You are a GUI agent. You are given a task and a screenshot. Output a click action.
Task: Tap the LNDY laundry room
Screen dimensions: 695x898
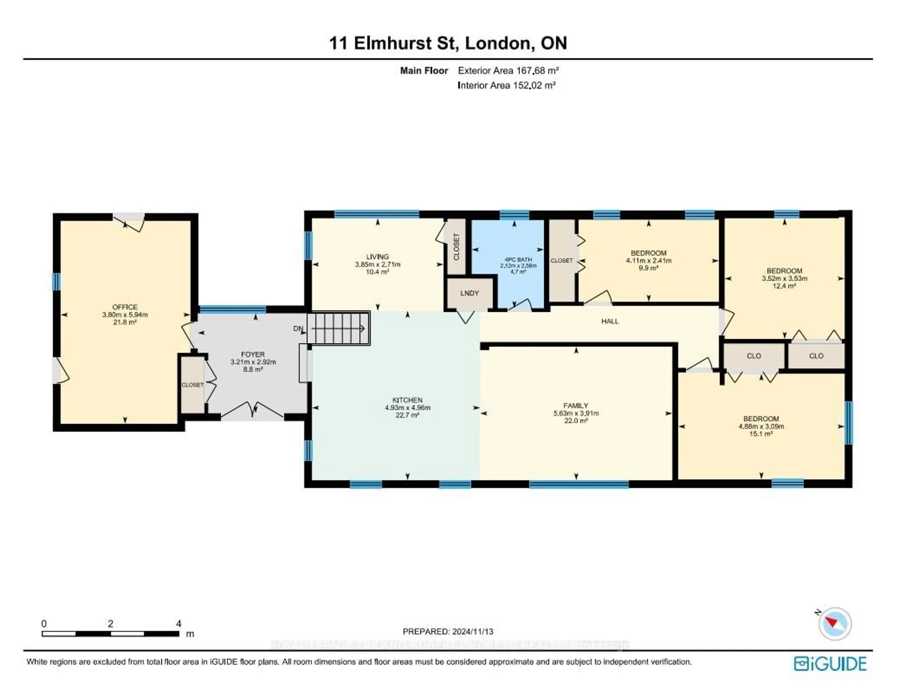point(470,293)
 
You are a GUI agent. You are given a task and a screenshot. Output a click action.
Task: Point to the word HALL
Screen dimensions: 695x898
point(610,321)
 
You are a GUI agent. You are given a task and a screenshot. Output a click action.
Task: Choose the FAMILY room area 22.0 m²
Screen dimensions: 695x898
point(576,421)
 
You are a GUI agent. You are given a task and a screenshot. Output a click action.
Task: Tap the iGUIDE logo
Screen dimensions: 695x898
point(830,664)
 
